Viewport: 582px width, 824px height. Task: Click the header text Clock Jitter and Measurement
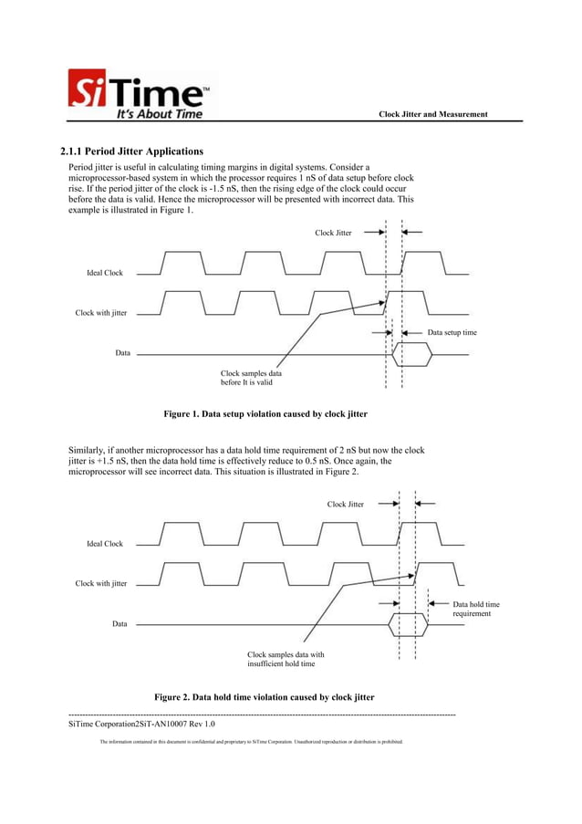coord(433,114)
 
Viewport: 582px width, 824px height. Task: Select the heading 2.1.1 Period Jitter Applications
coord(131,151)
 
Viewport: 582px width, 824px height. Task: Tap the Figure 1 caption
coord(265,414)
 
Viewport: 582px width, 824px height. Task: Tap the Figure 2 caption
coord(264,697)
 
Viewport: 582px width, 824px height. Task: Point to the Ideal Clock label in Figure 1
coord(105,273)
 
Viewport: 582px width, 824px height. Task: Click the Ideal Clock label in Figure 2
coord(105,544)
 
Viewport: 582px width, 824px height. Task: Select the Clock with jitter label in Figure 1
coord(101,313)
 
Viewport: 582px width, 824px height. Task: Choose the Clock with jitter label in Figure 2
coord(101,584)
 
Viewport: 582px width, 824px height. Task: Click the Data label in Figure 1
coord(122,352)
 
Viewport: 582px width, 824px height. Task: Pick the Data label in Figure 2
coord(120,624)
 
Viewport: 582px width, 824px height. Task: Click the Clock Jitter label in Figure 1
coord(333,233)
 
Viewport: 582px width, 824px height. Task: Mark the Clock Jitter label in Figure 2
coord(346,504)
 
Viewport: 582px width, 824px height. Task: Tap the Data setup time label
coord(452,333)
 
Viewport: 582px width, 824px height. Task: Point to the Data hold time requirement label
coord(476,609)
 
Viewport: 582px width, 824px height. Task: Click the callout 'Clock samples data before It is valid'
coord(251,378)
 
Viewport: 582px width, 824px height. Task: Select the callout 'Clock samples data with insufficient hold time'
coord(286,659)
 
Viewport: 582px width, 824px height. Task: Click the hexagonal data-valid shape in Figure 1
coord(411,353)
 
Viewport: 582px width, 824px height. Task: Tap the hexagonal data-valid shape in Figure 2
coord(408,625)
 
